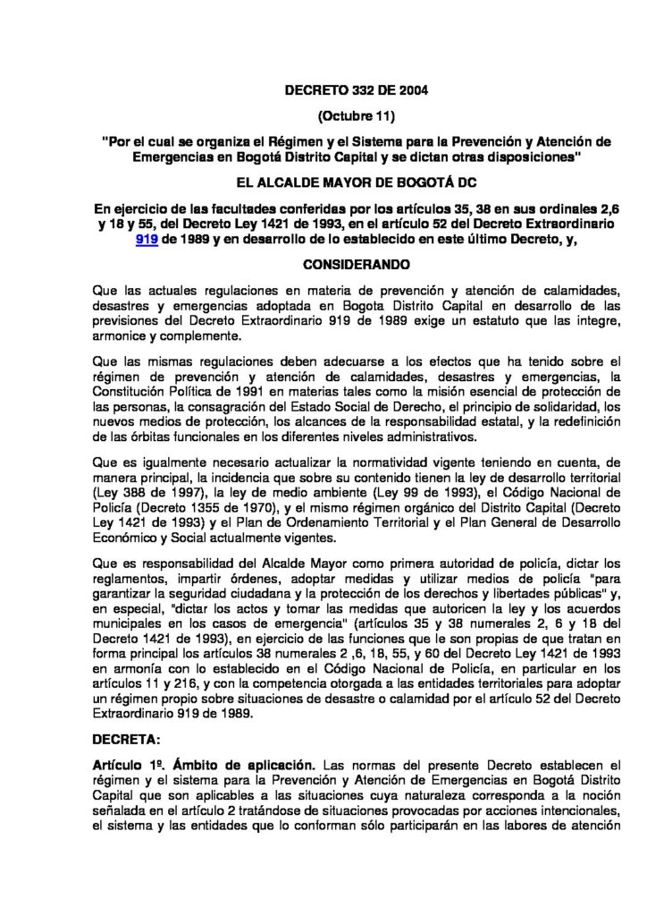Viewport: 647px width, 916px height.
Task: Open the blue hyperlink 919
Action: (147, 241)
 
